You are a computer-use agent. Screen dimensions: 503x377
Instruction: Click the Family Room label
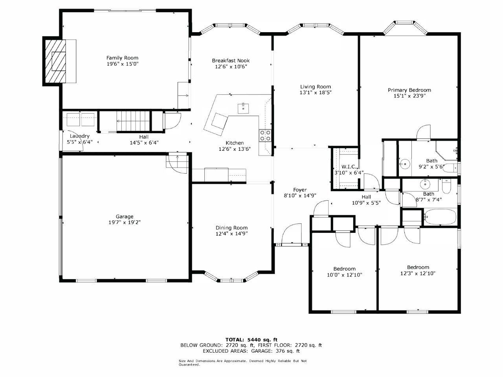point(122,58)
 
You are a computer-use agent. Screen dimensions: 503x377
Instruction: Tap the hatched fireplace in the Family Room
point(55,61)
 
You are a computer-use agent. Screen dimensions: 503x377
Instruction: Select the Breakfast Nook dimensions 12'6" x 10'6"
point(231,67)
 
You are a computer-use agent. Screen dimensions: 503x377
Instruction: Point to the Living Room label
point(316,87)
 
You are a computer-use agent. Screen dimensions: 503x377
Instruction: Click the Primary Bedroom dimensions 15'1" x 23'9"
point(409,96)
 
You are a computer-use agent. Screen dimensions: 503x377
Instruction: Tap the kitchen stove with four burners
point(265,135)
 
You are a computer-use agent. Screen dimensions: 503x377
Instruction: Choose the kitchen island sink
point(243,108)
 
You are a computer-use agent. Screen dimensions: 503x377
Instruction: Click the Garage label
point(125,216)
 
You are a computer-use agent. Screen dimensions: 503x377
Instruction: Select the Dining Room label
point(231,228)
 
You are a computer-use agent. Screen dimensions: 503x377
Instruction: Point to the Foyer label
point(300,190)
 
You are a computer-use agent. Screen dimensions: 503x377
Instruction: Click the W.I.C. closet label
point(349,167)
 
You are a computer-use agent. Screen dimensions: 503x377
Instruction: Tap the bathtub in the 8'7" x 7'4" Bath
point(440,216)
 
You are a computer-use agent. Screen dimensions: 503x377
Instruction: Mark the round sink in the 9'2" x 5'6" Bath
point(405,164)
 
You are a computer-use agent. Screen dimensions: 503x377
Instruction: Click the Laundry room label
point(79,136)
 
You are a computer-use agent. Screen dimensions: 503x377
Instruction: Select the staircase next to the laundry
point(133,121)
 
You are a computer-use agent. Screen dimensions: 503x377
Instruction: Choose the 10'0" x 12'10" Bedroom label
point(344,269)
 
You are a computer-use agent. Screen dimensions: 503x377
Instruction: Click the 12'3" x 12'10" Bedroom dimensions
point(418,273)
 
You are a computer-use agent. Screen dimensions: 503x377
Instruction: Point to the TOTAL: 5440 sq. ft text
point(251,340)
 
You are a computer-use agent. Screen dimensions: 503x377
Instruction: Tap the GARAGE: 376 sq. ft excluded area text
point(275,351)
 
